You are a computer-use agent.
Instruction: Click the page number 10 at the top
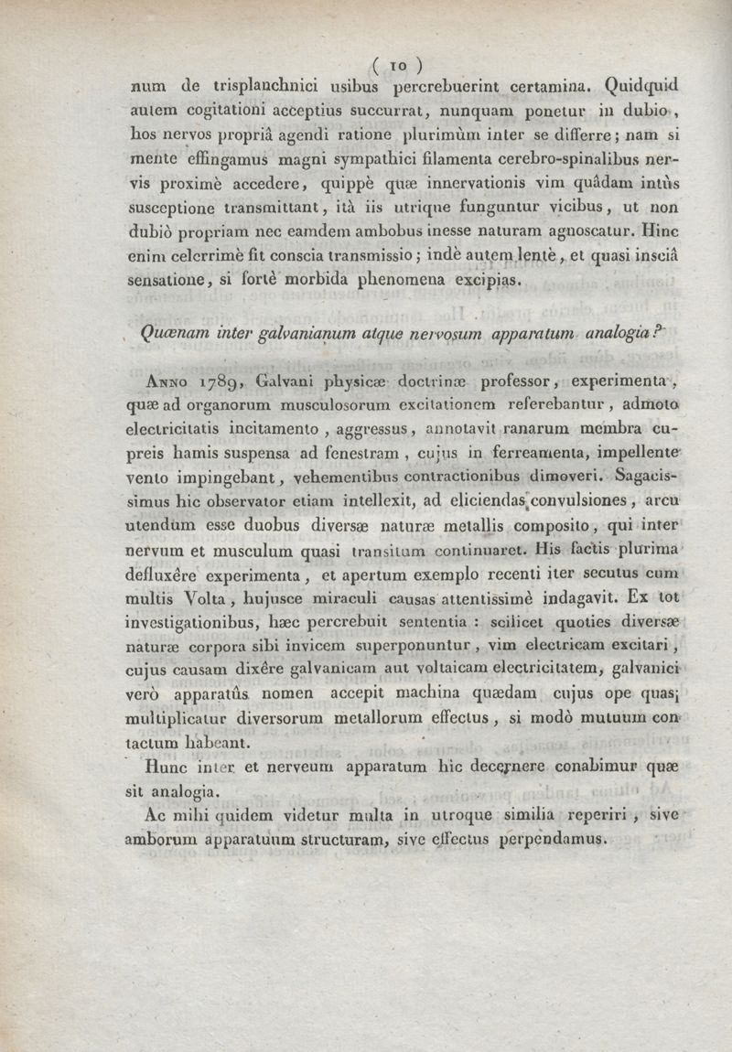click(398, 66)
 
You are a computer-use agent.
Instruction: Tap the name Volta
click(211, 602)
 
